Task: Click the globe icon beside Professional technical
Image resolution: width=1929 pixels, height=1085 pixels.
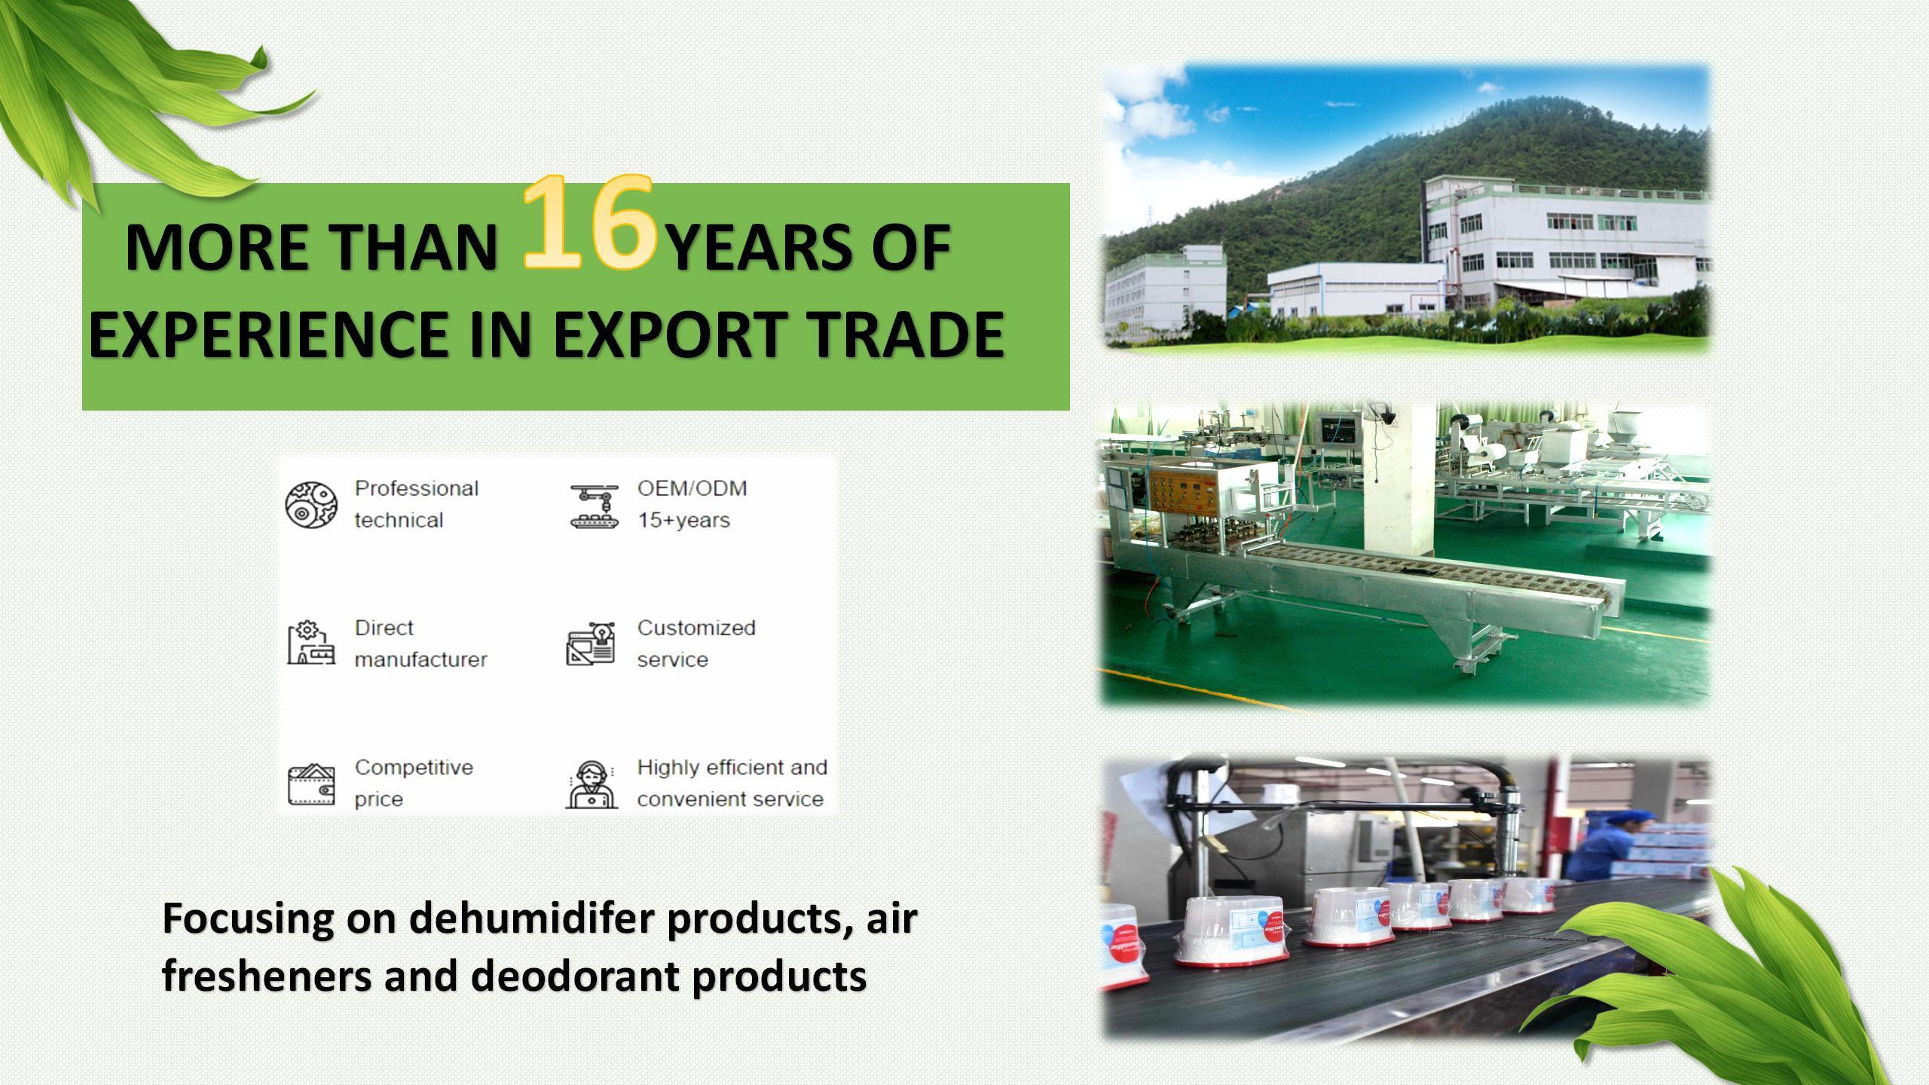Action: coord(311,504)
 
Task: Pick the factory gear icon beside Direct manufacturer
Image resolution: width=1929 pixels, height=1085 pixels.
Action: coord(311,643)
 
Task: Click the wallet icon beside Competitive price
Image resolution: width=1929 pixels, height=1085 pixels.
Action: coord(311,784)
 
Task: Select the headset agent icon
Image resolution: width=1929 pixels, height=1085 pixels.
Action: coord(592,784)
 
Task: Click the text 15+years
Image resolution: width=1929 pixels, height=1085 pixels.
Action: coord(683,521)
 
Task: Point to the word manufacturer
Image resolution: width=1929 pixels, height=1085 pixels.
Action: coord(420,659)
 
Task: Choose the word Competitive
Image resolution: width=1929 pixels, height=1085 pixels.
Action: coord(414,767)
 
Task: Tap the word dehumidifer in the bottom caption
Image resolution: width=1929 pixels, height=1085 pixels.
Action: coord(532,918)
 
